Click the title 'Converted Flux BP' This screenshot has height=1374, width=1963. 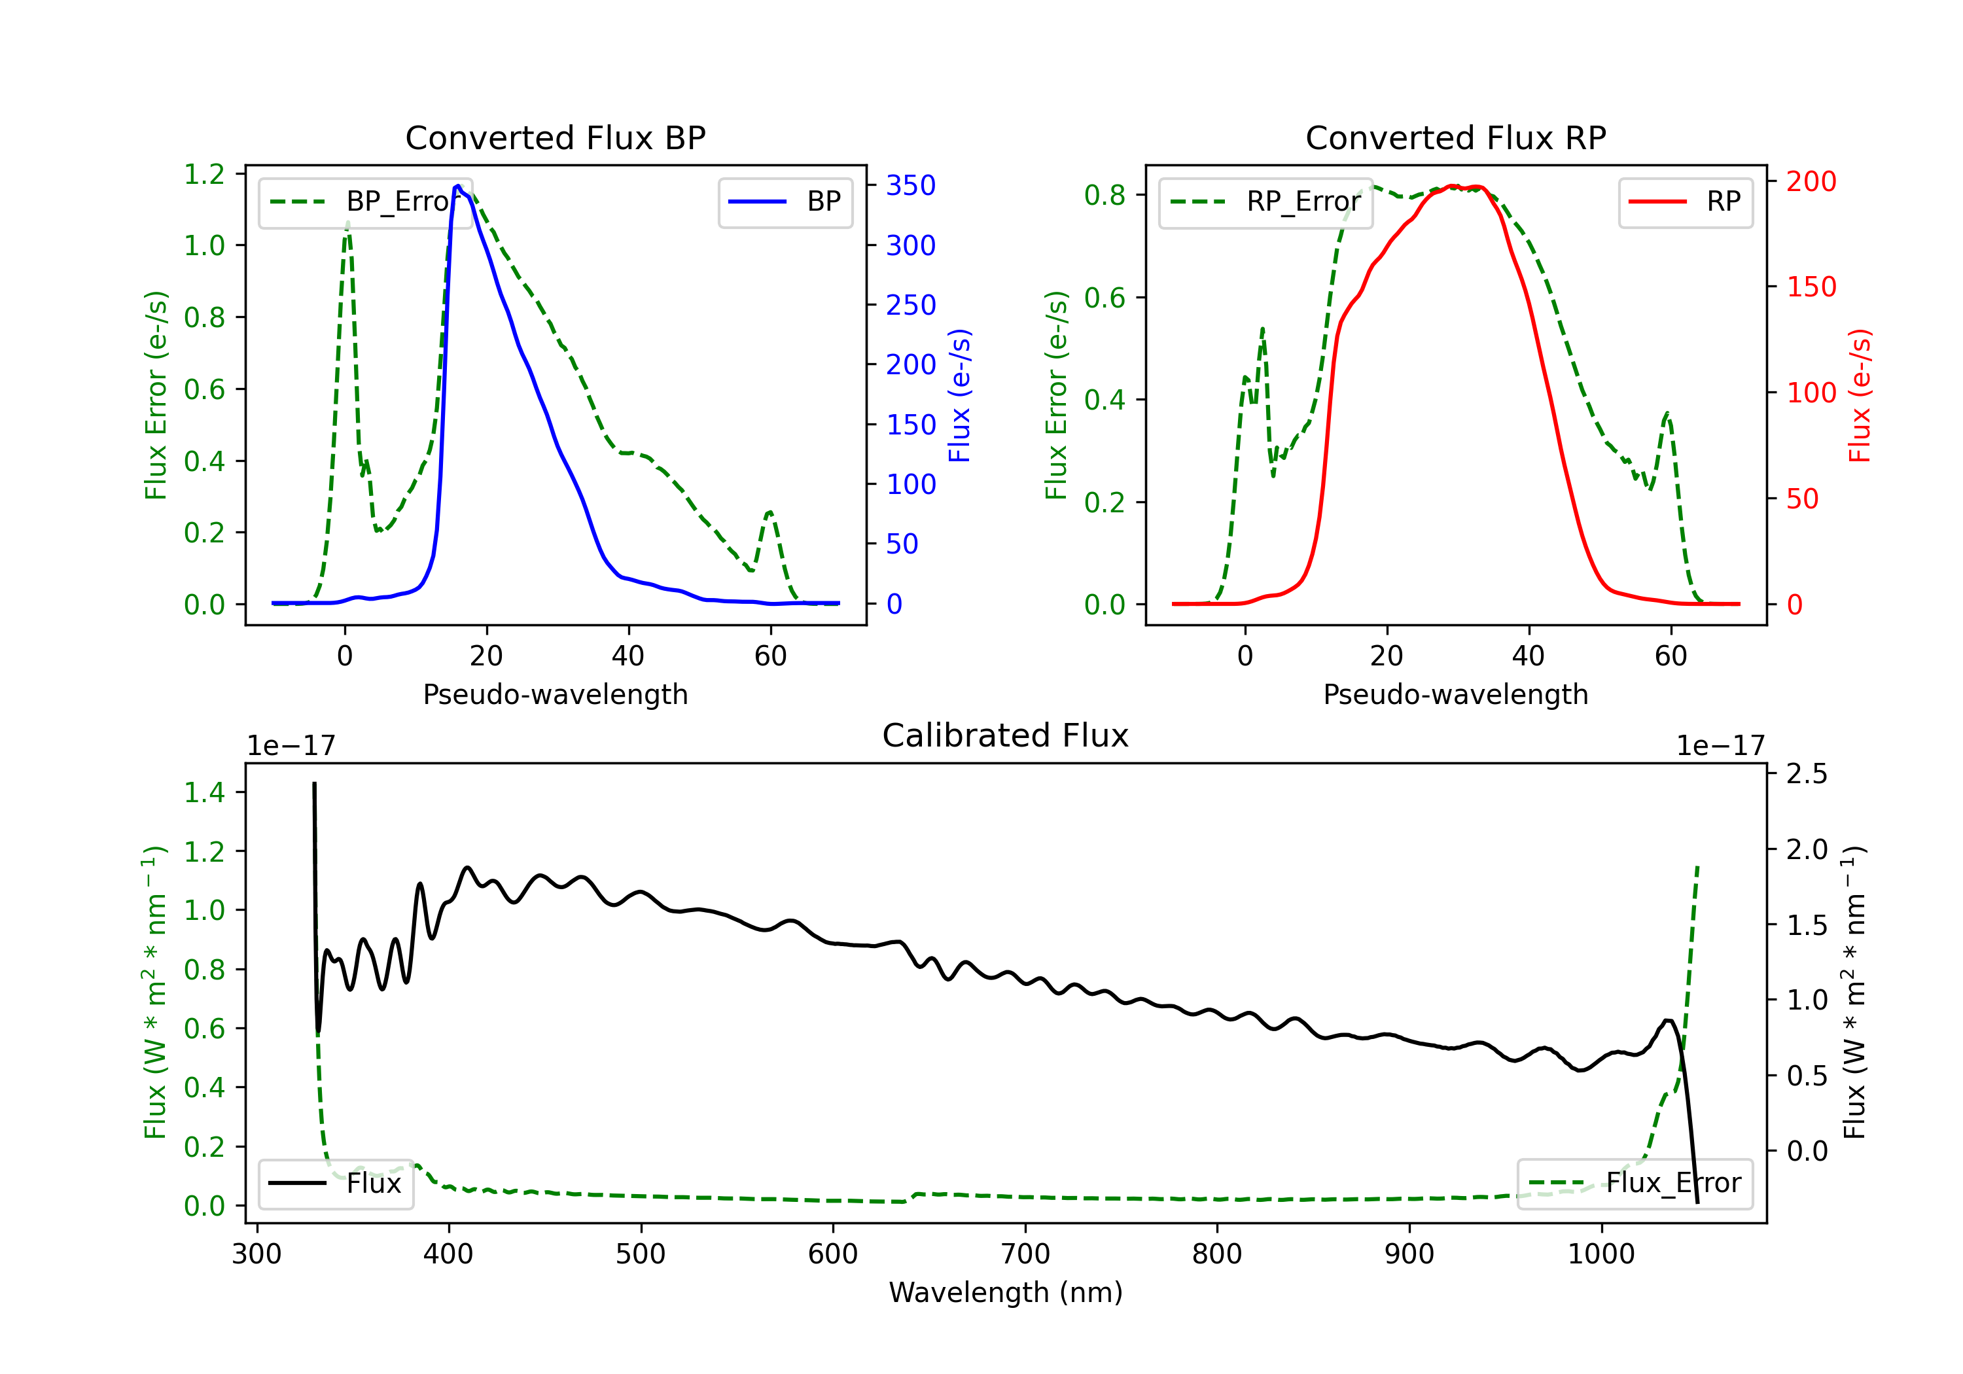click(556, 137)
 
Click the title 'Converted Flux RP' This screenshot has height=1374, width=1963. click(1456, 137)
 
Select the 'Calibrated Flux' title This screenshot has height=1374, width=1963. click(1006, 735)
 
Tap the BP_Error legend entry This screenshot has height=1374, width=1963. click(364, 202)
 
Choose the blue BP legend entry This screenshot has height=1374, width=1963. click(785, 202)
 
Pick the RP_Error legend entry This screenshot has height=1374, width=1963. click(1265, 202)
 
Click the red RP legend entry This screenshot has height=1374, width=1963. click(1685, 202)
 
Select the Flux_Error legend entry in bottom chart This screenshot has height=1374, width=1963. click(1635, 1184)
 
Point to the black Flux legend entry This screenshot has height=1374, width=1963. click(335, 1184)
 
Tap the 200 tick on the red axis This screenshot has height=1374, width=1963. click(1811, 181)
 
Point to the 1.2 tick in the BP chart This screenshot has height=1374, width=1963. click(204, 175)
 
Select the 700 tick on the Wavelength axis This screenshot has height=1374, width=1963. click(1025, 1254)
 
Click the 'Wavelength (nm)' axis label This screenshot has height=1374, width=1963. click(1006, 1292)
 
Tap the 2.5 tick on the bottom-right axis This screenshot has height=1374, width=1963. click(1807, 774)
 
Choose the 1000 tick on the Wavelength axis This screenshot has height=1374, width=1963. click(1601, 1254)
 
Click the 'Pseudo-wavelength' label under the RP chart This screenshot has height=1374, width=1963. click(1456, 694)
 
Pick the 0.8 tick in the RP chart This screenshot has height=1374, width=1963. click(1105, 195)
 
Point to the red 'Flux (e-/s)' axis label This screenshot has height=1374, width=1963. click(1860, 396)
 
